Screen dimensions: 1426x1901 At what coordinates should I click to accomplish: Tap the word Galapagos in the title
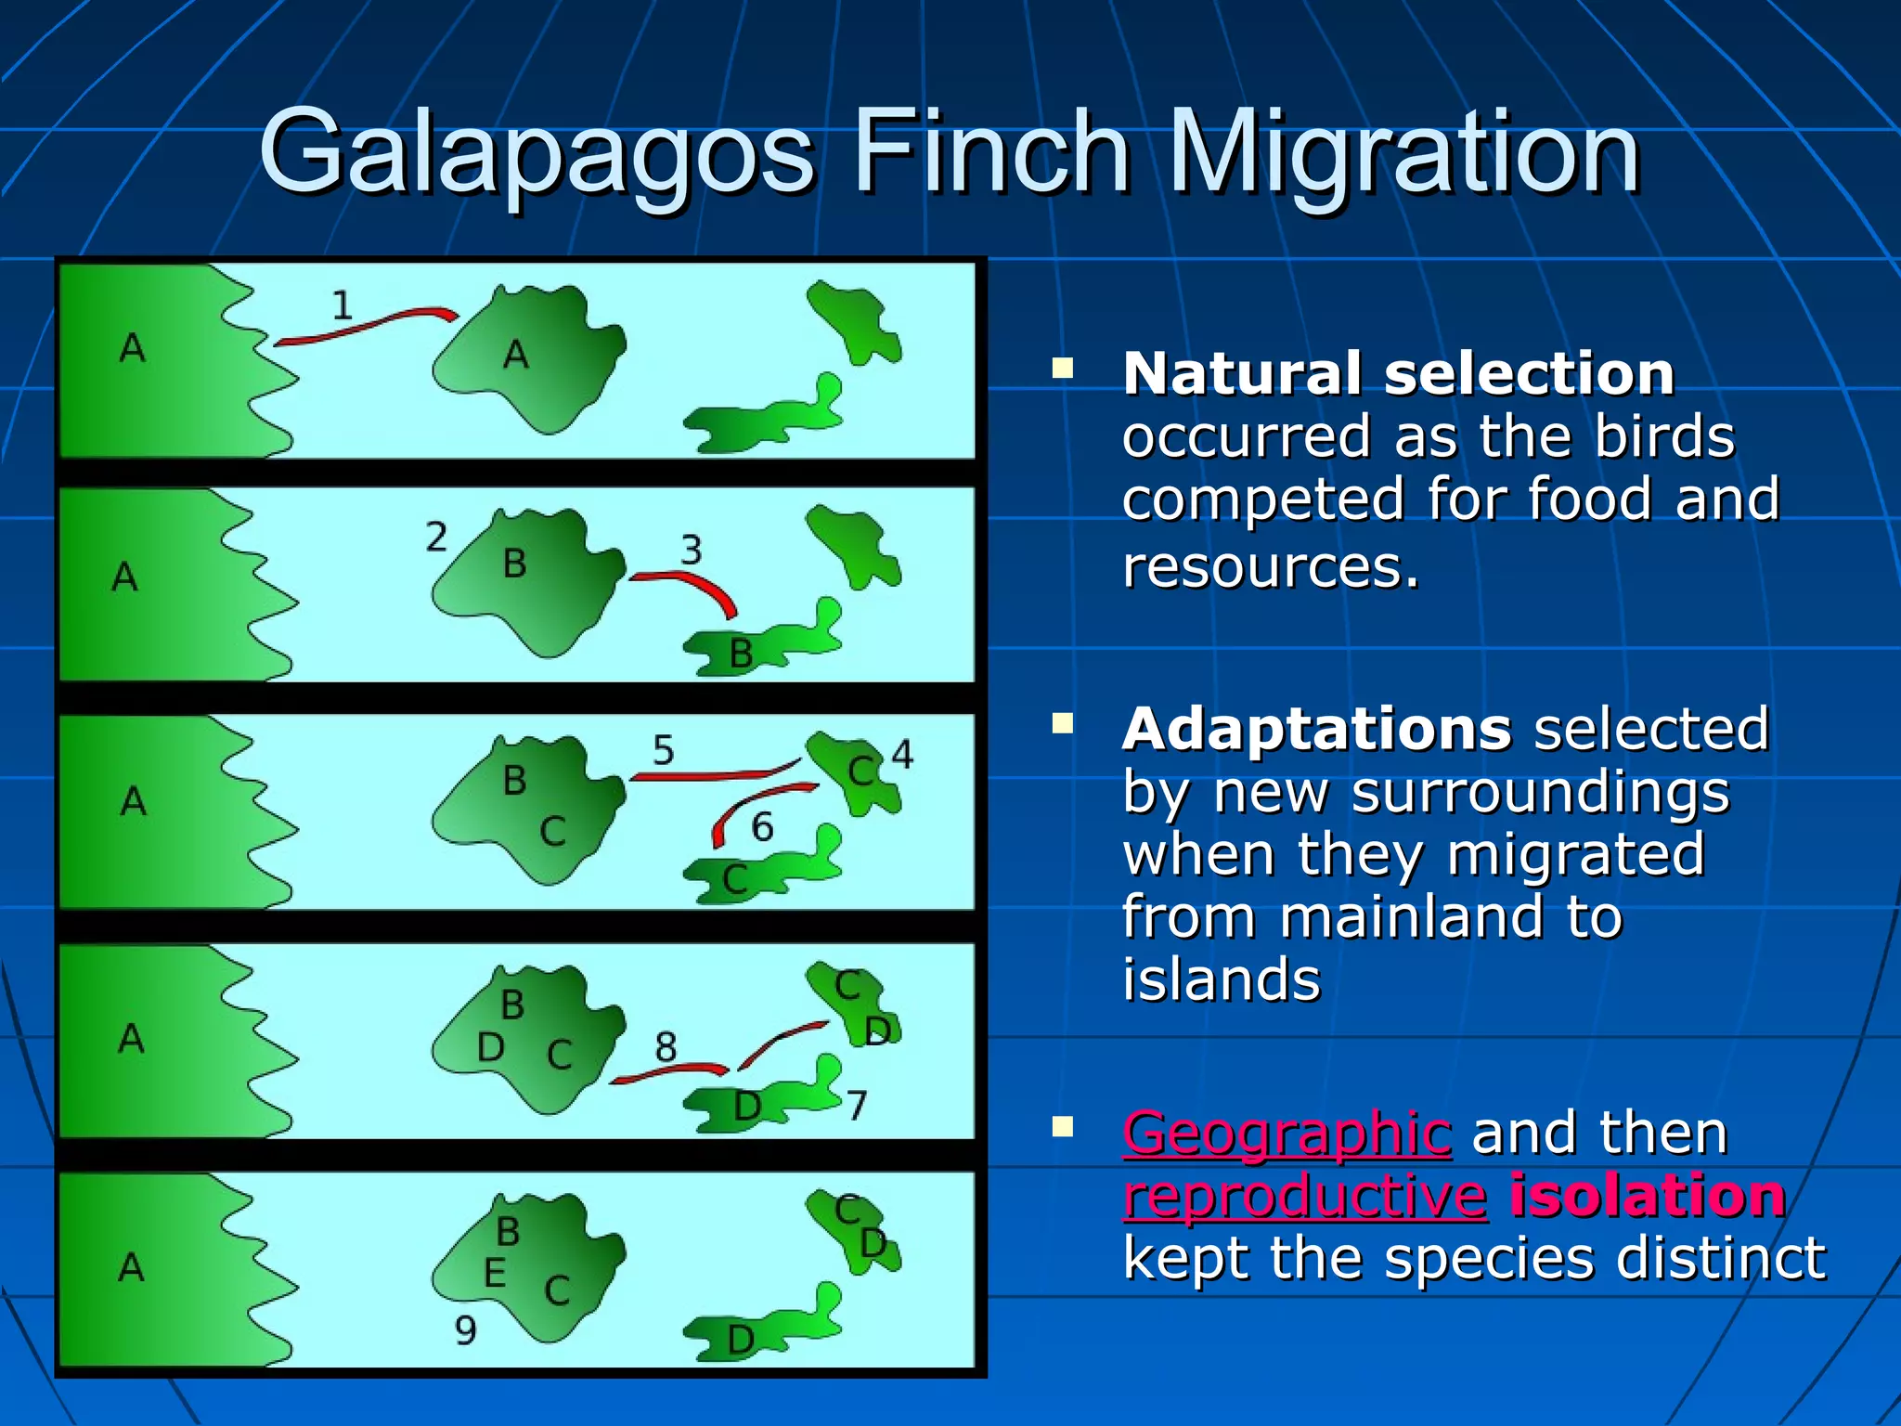click(x=537, y=153)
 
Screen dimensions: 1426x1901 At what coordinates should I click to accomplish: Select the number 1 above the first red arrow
click(x=343, y=305)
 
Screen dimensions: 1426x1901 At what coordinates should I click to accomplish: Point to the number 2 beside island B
click(x=436, y=537)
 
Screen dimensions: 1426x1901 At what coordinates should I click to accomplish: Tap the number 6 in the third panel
click(x=762, y=826)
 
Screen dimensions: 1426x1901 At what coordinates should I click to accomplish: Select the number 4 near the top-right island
click(x=902, y=754)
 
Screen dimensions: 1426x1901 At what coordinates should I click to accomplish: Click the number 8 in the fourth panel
click(x=666, y=1047)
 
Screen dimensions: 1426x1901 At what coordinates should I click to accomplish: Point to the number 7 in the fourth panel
click(x=857, y=1105)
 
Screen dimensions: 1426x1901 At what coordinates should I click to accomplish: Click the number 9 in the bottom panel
click(x=465, y=1330)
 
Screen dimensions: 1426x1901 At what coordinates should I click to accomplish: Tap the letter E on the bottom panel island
click(x=495, y=1273)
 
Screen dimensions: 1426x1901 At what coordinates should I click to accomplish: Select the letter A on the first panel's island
click(x=516, y=355)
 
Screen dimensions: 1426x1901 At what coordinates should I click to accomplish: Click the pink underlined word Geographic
click(x=1287, y=1134)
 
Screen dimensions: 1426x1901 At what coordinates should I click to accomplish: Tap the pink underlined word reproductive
click(x=1304, y=1196)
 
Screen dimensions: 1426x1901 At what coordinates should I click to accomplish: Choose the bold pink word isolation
click(x=1648, y=1196)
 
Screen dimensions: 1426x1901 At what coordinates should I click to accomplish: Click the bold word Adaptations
click(x=1316, y=729)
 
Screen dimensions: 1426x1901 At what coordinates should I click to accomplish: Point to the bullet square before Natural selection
click(x=1062, y=369)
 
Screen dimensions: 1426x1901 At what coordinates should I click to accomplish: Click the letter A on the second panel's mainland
click(x=124, y=577)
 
